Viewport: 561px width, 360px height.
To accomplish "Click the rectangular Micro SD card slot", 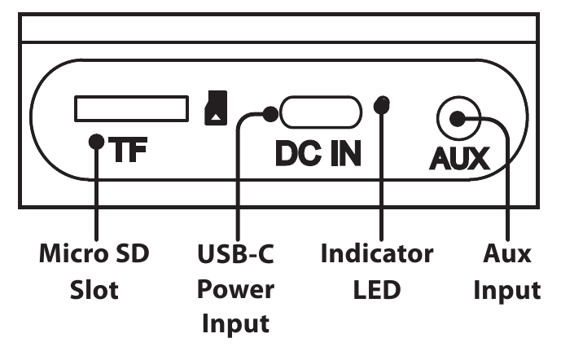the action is (131, 108).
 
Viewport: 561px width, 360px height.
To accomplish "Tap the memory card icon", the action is (216, 108).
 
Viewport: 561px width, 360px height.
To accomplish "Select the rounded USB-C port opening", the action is (321, 112).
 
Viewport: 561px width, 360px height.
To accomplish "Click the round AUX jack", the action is (458, 118).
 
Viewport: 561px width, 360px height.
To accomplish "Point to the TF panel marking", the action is (128, 149).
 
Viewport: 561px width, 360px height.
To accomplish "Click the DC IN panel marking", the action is (318, 153).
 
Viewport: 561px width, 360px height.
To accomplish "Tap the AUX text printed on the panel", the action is (459, 158).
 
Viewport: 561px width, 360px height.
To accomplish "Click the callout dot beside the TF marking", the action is (96, 142).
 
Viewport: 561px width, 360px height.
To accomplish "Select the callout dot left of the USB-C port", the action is (270, 114).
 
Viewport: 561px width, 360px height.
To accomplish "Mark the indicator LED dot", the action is (382, 104).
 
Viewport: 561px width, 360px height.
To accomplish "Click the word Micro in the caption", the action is (73, 253).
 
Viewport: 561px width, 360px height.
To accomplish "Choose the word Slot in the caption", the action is (94, 289).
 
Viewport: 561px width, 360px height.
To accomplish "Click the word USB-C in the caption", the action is (235, 253).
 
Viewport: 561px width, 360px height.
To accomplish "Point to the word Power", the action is (235, 289).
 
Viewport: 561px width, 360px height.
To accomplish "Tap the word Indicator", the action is (377, 253).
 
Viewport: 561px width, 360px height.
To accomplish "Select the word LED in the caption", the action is (377, 289).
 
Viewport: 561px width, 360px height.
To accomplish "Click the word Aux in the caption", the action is (507, 253).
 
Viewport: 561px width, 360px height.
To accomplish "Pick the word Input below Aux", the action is (507, 291).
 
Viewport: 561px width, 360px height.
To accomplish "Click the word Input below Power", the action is (235, 324).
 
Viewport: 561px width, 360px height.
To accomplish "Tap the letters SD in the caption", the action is (131, 253).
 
